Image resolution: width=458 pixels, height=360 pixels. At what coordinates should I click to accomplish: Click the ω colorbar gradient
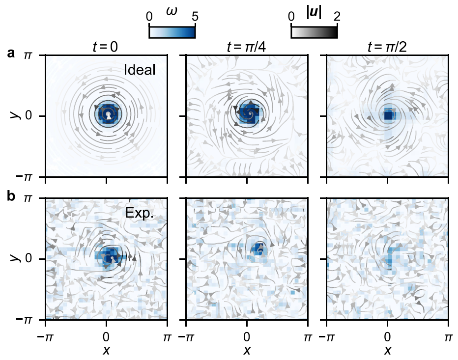[172, 31]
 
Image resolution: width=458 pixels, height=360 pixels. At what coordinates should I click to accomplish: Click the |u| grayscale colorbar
[314, 31]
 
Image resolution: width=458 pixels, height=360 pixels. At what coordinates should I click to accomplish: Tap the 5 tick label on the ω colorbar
[195, 16]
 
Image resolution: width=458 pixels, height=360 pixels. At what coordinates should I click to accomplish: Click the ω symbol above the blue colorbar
[172, 10]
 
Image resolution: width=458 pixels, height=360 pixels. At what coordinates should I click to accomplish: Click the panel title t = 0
[106, 48]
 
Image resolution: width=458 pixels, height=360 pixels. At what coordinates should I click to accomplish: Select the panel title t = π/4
[247, 48]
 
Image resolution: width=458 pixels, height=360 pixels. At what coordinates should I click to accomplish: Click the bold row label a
[11, 54]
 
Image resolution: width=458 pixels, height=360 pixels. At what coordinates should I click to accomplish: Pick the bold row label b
[11, 196]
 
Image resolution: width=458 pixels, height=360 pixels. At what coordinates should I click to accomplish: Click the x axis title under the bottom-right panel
[387, 350]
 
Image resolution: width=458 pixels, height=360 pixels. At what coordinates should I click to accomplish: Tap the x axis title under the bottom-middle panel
[247, 350]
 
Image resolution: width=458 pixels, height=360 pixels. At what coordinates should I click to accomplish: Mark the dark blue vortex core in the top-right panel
[389, 116]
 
